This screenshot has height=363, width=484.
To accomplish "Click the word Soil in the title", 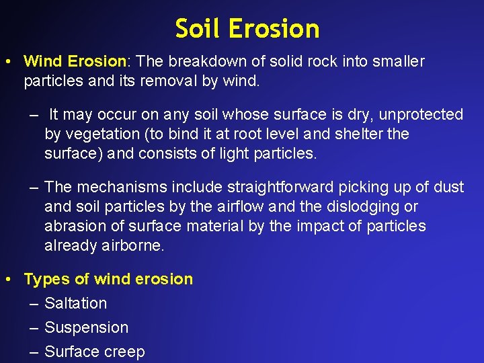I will point(198,29).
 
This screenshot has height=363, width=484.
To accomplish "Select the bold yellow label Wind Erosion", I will point(75,62).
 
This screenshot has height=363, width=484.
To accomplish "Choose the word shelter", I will point(356,134).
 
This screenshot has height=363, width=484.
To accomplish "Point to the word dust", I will point(448,187).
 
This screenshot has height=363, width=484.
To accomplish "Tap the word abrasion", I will point(73,226).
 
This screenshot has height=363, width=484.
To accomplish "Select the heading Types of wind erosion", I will point(108,279).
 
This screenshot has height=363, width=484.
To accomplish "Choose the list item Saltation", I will point(75,303).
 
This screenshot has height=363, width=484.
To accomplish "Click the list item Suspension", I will point(86,327).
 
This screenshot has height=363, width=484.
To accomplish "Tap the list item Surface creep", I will point(94,352).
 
